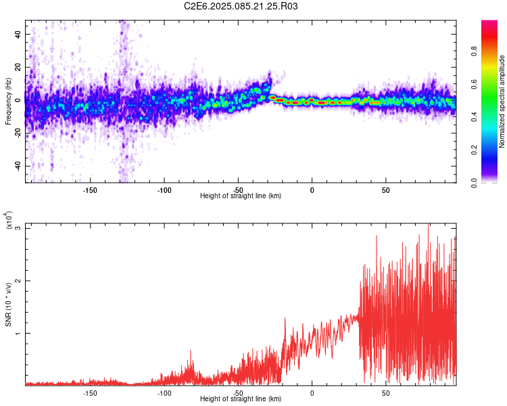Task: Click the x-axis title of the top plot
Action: click(241, 196)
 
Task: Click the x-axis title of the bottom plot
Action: click(241, 399)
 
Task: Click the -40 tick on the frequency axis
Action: click(16, 166)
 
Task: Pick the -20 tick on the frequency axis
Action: click(16, 133)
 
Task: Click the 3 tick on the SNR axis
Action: click(18, 228)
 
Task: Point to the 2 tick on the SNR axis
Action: click(18, 281)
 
